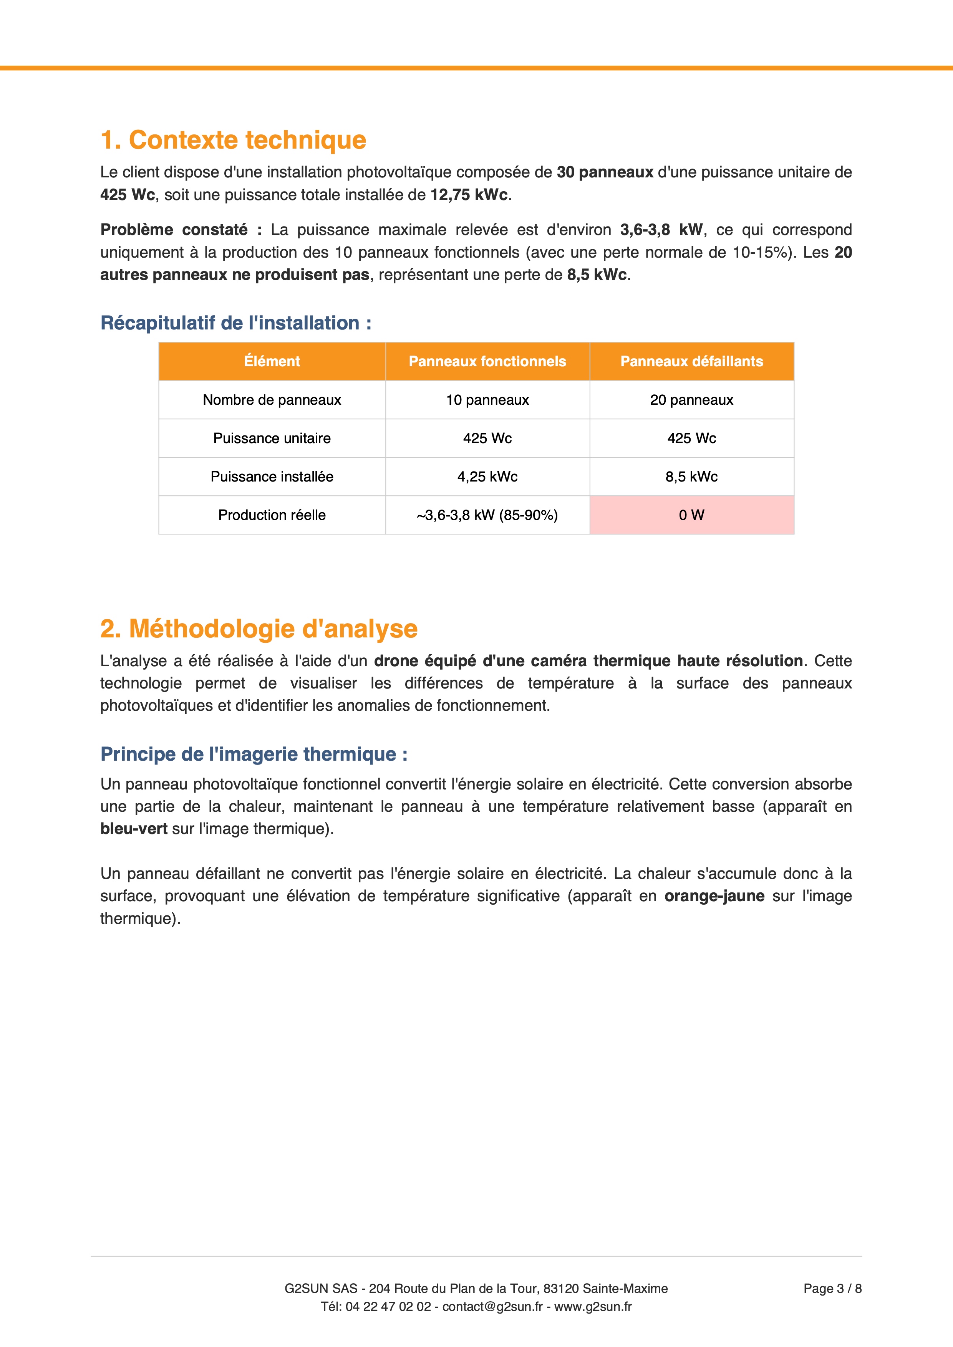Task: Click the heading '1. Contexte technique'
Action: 233,140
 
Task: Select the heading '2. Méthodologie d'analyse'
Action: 259,629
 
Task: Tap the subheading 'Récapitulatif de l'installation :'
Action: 236,323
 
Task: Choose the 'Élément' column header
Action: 272,361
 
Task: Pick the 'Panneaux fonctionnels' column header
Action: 487,361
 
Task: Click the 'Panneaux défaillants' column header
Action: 691,361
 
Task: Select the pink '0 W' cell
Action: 691,515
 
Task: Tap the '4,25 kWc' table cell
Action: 487,477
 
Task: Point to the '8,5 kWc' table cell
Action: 691,477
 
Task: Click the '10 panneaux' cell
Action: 487,400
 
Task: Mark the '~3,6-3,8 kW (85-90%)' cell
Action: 487,515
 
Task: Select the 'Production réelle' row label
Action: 272,515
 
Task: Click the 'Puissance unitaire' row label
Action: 272,438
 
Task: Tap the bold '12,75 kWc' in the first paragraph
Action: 469,195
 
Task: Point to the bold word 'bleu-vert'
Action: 134,829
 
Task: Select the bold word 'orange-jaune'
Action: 714,896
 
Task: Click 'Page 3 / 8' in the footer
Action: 832,1288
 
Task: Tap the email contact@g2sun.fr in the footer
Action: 492,1307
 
